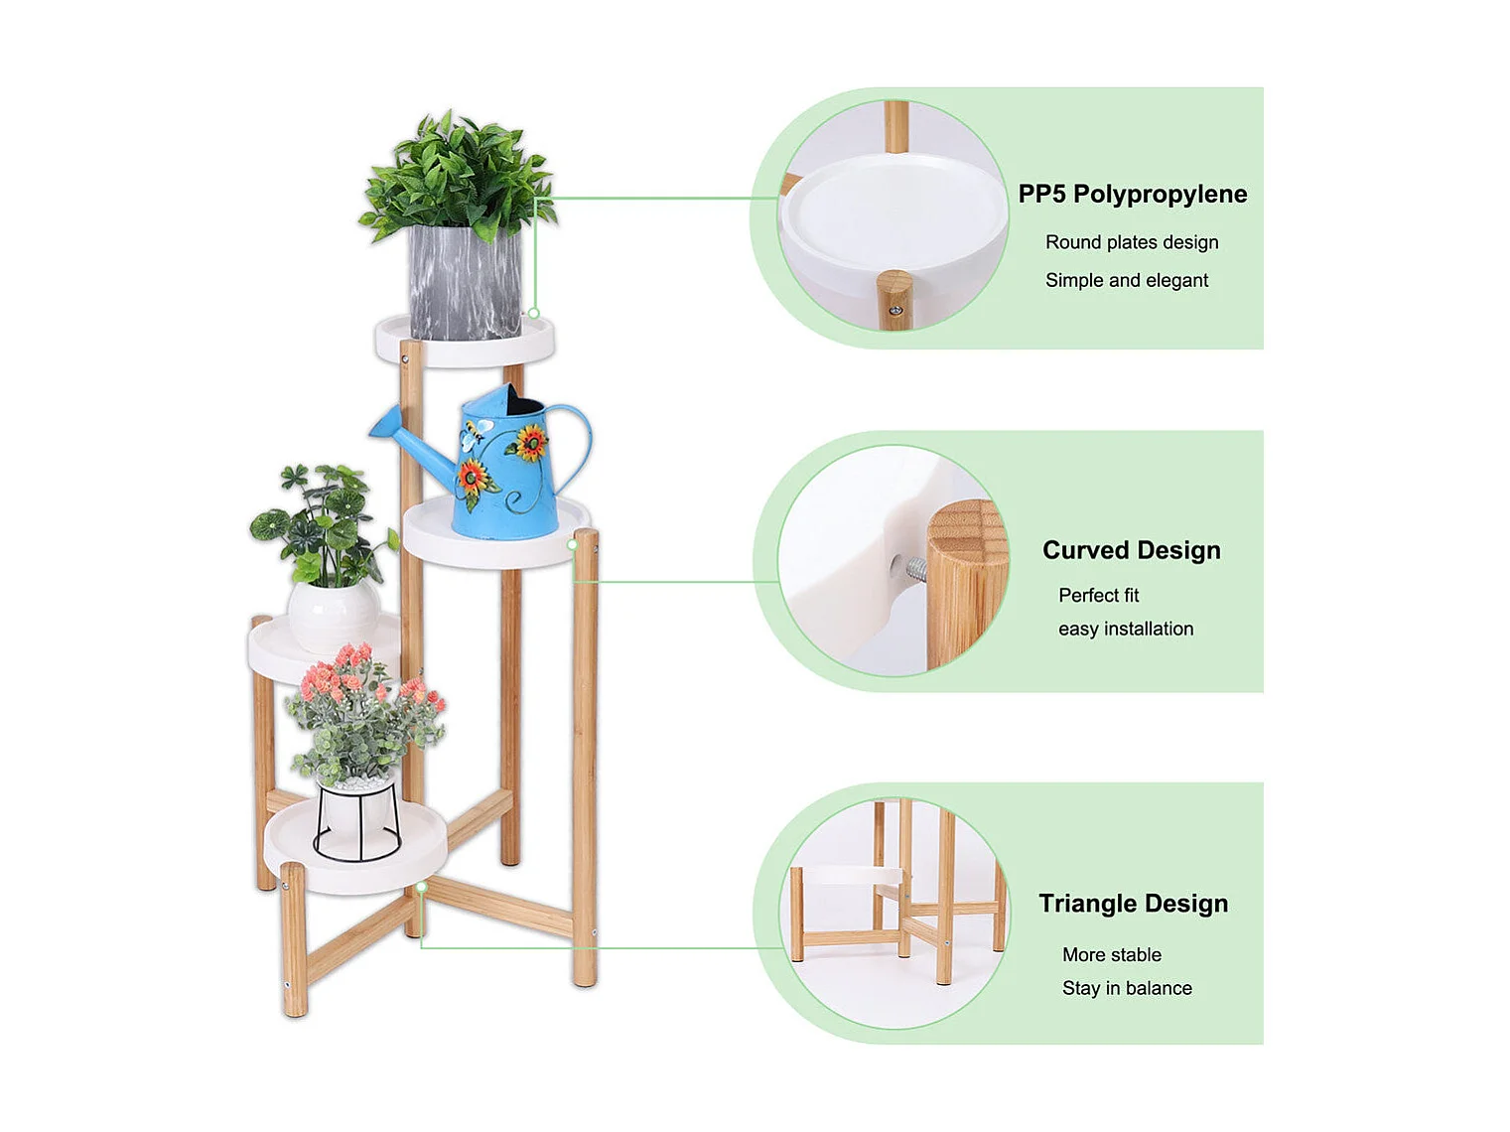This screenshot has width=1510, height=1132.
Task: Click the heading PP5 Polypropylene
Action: click(1132, 195)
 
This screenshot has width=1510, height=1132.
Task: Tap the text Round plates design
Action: click(1132, 242)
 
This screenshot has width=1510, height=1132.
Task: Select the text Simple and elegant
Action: click(1127, 280)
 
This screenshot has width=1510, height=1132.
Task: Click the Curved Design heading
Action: click(1132, 550)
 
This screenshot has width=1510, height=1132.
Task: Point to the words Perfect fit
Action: click(1099, 595)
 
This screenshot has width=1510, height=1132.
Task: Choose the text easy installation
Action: click(1126, 629)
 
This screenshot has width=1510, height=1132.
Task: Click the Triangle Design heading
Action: click(1133, 903)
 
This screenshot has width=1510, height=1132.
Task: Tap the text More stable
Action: click(1112, 954)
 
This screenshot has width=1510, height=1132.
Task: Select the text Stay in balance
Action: click(1127, 988)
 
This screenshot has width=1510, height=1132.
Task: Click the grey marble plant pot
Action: click(465, 282)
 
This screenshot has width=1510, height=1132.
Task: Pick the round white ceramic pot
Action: click(334, 616)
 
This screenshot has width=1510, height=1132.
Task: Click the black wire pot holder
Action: click(357, 821)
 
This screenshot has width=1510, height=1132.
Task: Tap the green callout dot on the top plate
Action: click(533, 314)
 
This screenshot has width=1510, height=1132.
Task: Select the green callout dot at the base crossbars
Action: click(422, 887)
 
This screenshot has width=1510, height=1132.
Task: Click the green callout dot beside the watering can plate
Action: click(573, 545)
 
